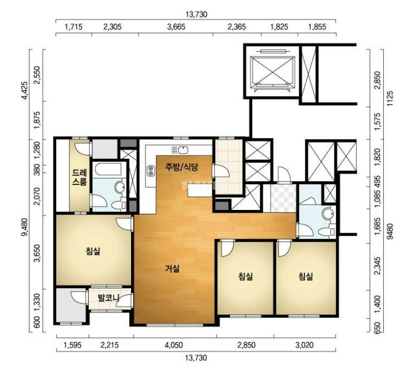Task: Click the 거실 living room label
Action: click(x=173, y=268)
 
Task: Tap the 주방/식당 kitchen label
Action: click(x=181, y=167)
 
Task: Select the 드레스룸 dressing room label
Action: click(x=79, y=177)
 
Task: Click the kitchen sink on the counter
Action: click(x=183, y=150)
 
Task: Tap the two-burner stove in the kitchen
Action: click(x=151, y=171)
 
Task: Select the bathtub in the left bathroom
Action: click(x=108, y=169)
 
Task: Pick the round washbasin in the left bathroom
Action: click(x=121, y=187)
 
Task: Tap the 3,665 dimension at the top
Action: click(x=176, y=27)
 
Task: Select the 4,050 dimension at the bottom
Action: click(x=174, y=345)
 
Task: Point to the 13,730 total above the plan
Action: click(x=196, y=14)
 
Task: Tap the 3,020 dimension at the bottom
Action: click(x=304, y=345)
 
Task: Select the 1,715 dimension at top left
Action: click(x=73, y=27)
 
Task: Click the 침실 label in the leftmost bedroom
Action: click(x=93, y=251)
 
